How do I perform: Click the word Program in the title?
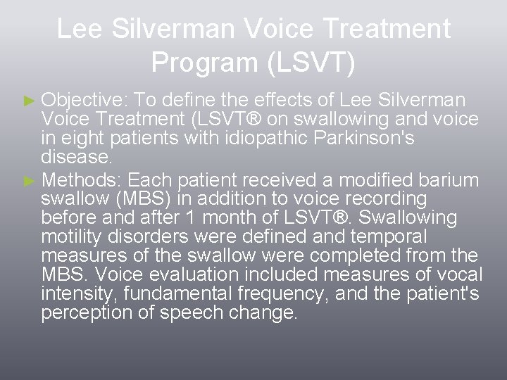tap(204, 63)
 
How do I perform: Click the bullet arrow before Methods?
tap(28, 180)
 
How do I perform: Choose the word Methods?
tap(82, 180)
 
